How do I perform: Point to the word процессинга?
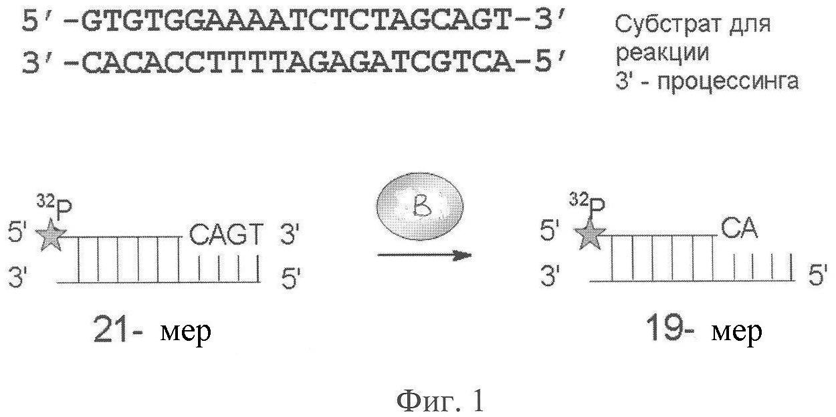click(728, 82)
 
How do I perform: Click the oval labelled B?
click(420, 206)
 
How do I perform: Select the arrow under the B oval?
click(424, 255)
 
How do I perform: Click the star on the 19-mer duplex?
click(590, 233)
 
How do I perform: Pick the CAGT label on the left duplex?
click(226, 235)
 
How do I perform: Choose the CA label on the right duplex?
click(738, 229)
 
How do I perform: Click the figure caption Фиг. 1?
click(439, 402)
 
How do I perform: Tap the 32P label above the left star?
click(54, 206)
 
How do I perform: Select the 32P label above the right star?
click(587, 204)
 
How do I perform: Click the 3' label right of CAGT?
click(290, 235)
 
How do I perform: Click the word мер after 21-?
click(185, 331)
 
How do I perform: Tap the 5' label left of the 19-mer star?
click(549, 230)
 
